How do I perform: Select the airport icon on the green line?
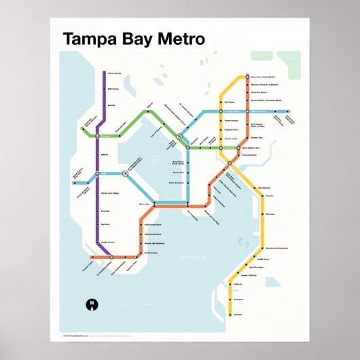point(180,137)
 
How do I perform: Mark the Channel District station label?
point(232,154)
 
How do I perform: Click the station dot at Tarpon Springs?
point(101,73)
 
